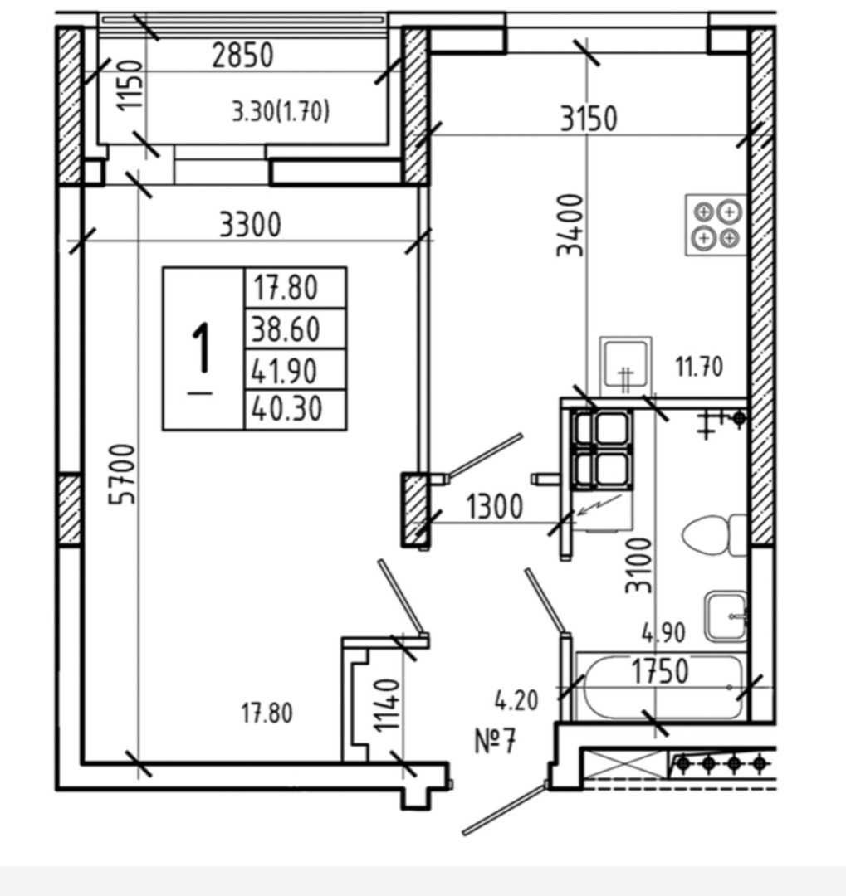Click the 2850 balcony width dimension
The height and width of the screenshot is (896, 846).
pyautogui.click(x=242, y=56)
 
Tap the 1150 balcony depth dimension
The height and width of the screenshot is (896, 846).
pyautogui.click(x=130, y=91)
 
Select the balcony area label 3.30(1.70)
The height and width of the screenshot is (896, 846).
pyautogui.click(x=281, y=110)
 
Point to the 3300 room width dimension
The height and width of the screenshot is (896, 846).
pyautogui.click(x=250, y=224)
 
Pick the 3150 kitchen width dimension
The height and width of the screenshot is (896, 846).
pyautogui.click(x=588, y=119)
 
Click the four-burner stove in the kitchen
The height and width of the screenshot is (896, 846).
pyautogui.click(x=716, y=225)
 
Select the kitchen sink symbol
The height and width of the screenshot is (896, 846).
pyautogui.click(x=626, y=365)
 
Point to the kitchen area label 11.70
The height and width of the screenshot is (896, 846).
pyautogui.click(x=698, y=366)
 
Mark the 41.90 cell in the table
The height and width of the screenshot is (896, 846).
pyautogui.click(x=286, y=370)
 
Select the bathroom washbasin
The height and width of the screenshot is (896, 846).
pyautogui.click(x=726, y=616)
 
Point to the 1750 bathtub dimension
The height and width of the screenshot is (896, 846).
pyautogui.click(x=660, y=671)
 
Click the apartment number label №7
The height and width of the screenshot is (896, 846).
pyautogui.click(x=496, y=740)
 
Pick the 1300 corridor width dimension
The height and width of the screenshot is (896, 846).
pyautogui.click(x=494, y=506)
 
